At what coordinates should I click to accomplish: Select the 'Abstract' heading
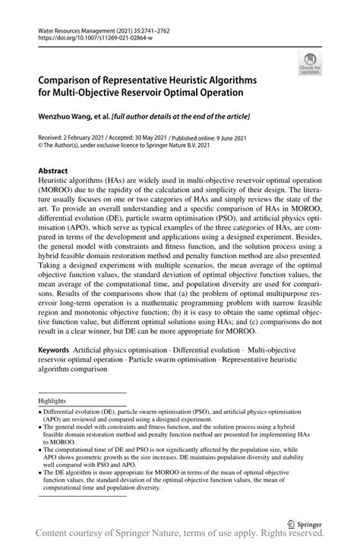(x=52, y=172)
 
